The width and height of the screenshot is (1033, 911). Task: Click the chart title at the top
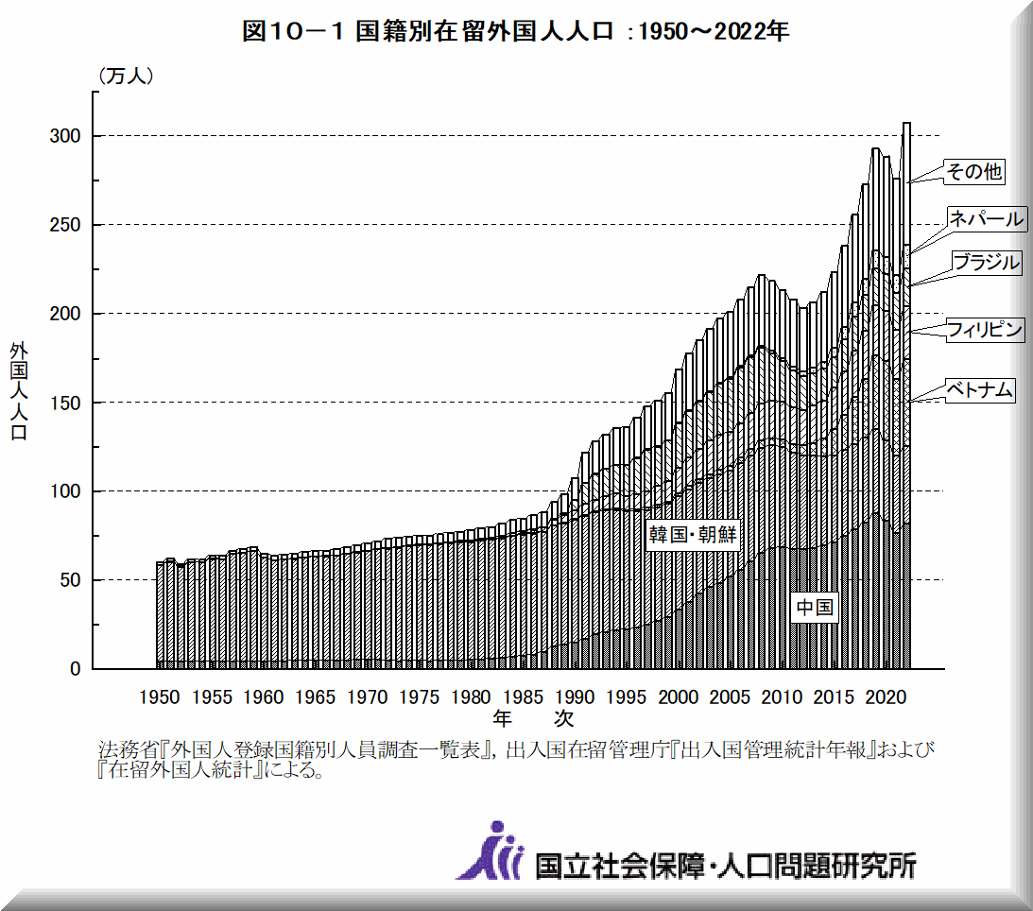coord(515,31)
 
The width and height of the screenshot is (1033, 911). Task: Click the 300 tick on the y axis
coord(65,136)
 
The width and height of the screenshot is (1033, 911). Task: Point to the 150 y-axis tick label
coord(65,403)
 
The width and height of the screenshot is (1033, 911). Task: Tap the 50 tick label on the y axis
coord(70,580)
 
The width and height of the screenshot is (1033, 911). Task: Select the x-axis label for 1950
coord(159,697)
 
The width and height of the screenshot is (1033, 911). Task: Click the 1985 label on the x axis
coord(522,697)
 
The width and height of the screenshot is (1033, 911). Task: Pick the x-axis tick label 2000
coord(678,697)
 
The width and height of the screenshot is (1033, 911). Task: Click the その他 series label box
coord(974,172)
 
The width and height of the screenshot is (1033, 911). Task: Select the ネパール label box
coord(986,219)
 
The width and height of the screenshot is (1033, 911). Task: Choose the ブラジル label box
coord(986,263)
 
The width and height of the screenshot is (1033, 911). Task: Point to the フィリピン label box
coord(985,330)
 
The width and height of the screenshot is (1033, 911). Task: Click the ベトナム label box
coord(979,389)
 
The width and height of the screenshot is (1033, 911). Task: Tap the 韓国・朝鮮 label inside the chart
coord(691,535)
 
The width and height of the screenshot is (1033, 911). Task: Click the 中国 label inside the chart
coord(814,608)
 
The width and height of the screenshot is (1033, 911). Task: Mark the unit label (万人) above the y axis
coord(125,77)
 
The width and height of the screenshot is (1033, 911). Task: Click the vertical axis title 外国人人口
coord(19,391)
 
